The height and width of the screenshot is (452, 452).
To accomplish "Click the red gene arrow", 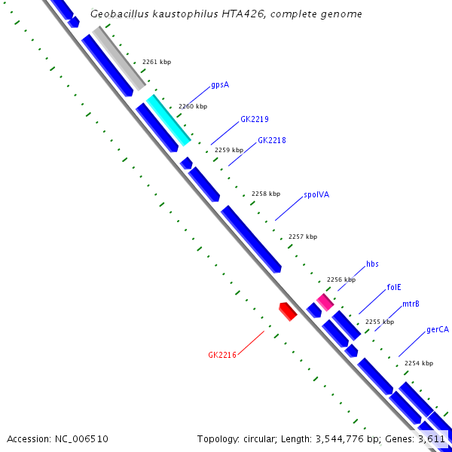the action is tap(287, 311).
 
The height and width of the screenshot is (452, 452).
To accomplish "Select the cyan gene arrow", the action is tap(169, 120).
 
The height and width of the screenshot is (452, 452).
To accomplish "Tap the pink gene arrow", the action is tap(325, 301).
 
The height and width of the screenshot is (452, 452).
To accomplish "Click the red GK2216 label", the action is tap(222, 354).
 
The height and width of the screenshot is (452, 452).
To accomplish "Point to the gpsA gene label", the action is tap(219, 85).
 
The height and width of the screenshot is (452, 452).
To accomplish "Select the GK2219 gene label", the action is tap(255, 119).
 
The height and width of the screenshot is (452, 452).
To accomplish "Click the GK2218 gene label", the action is tap(271, 140).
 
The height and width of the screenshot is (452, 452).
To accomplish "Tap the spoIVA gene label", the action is tap(316, 194).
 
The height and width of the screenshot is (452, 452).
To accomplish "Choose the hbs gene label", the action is tap(372, 264).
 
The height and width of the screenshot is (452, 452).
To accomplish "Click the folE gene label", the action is tap(394, 287).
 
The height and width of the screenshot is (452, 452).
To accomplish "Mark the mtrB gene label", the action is tap(411, 304).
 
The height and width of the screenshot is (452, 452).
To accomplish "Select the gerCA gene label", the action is tap(438, 329).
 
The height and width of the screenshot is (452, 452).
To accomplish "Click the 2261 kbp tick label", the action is tap(157, 62).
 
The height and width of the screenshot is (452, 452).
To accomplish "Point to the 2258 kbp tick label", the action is tap(265, 194).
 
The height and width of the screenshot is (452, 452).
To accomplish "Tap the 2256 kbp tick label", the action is tap(341, 279).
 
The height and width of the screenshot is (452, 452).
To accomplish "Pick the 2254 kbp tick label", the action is tap(419, 363).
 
